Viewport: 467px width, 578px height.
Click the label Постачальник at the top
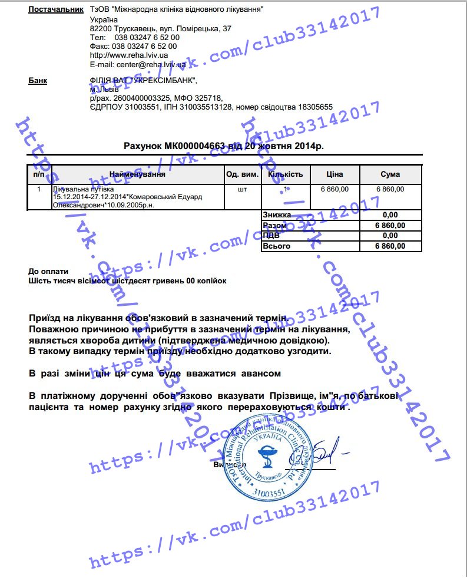click(x=56, y=10)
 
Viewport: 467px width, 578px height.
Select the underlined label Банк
click(x=38, y=81)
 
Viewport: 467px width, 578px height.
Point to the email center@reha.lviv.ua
click(x=138, y=64)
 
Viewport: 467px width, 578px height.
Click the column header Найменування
click(x=137, y=174)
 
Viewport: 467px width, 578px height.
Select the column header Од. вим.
click(x=242, y=174)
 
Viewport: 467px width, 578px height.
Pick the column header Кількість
click(x=285, y=174)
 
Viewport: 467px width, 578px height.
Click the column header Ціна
click(x=334, y=174)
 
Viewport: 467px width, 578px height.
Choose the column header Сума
click(x=390, y=174)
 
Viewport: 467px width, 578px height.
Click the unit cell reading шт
click(x=242, y=190)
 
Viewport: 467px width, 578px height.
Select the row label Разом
click(x=275, y=226)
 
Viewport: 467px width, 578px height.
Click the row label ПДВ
click(x=271, y=236)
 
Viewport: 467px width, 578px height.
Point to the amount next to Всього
click(x=390, y=246)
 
